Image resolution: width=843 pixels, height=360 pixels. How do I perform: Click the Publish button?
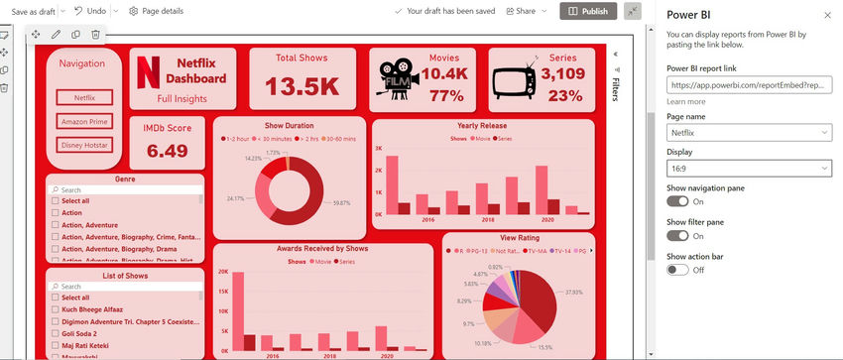coord(588,11)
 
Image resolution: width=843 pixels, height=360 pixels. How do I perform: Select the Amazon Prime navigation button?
coord(84,121)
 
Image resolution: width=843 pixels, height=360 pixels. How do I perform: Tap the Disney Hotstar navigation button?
coord(84,145)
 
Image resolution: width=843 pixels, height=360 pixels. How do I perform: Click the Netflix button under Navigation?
coord(84,97)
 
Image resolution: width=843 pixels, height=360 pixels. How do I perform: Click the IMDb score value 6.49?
coord(167,151)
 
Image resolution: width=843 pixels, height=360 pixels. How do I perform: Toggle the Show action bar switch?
coord(677,269)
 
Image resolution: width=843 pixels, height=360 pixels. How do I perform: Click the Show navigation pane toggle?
coord(677,201)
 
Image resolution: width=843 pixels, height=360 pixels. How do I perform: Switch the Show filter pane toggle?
coord(677,235)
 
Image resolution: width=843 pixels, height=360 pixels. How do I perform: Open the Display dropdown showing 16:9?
coord(749,169)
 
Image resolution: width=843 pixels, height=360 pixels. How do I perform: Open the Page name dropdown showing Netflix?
coord(749,132)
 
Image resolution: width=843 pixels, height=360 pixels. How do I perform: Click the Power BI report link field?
coord(749,85)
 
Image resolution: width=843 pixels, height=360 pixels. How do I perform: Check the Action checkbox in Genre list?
coord(55,212)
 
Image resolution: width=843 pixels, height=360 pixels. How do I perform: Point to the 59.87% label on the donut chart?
coord(342,202)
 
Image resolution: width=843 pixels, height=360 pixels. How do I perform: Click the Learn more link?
coord(686,101)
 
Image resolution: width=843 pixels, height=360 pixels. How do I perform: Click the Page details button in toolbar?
coord(156,11)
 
